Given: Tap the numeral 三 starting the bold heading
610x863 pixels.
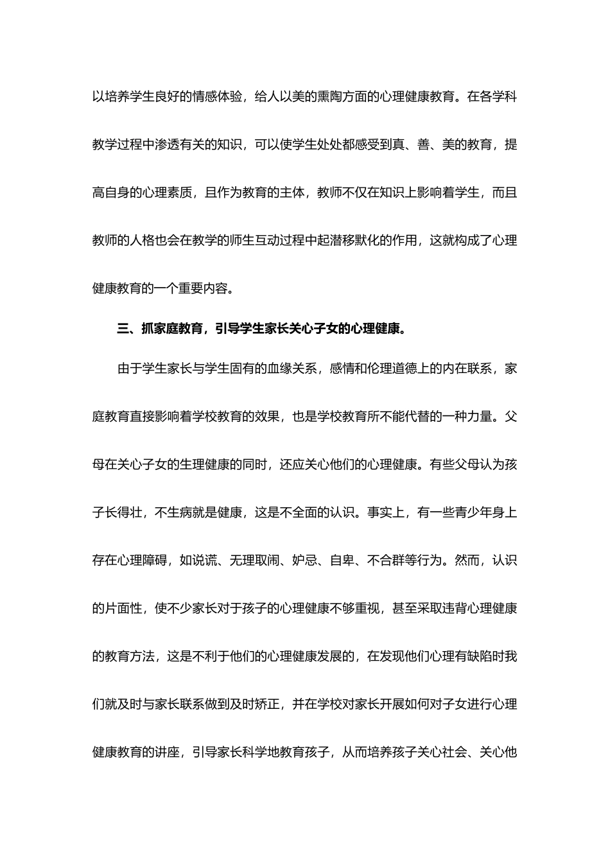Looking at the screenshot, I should click(x=123, y=329).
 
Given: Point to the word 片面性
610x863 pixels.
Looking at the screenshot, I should click(x=124, y=608).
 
